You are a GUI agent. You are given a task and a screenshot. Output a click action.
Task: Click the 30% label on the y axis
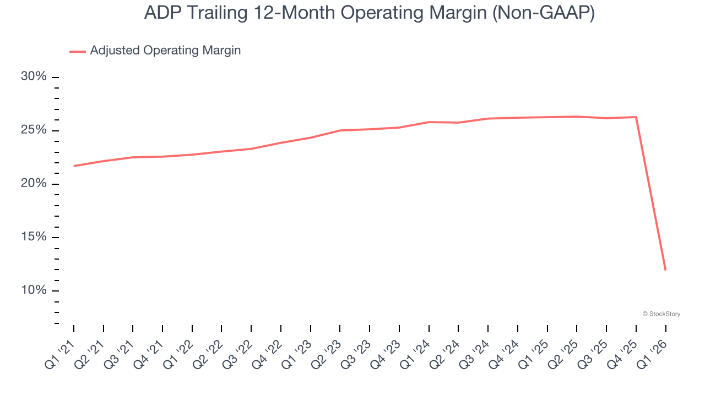pyautogui.click(x=34, y=76)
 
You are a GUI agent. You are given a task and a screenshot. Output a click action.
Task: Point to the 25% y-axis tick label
pyautogui.click(x=34, y=130)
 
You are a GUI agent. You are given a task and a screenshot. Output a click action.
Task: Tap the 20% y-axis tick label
pyautogui.click(x=34, y=184)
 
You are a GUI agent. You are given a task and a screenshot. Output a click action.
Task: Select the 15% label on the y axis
pyautogui.click(x=34, y=237)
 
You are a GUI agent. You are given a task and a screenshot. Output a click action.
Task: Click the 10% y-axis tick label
pyautogui.click(x=34, y=290)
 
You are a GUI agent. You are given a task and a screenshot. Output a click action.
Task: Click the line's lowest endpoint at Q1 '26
pyautogui.click(x=665, y=269)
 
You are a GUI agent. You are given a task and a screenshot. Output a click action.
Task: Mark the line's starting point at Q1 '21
pyautogui.click(x=74, y=166)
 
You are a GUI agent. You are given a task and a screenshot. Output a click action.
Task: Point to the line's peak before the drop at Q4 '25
pyautogui.click(x=636, y=117)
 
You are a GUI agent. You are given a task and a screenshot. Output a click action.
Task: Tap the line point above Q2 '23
pyautogui.click(x=340, y=130)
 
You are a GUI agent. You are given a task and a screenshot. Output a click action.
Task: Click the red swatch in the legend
pyautogui.click(x=77, y=51)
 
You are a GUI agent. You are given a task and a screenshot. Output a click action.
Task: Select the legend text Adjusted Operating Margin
pyautogui.click(x=165, y=51)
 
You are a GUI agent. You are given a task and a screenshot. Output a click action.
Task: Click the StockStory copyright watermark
pyautogui.click(x=661, y=314)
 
